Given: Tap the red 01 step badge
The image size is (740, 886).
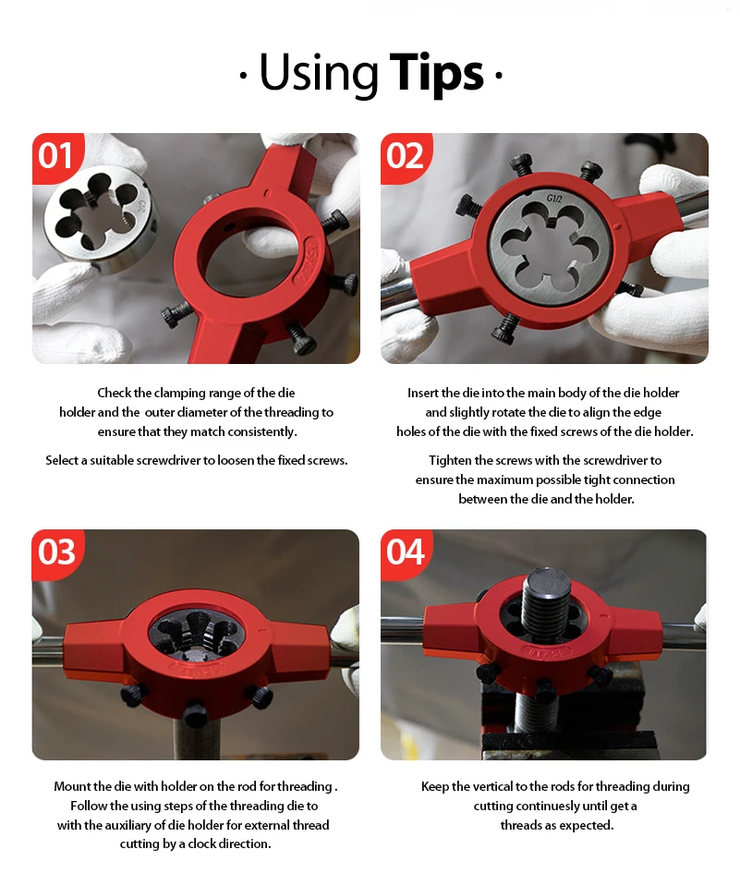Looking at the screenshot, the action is (x=57, y=158).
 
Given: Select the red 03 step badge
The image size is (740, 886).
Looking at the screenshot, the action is (x=57, y=553).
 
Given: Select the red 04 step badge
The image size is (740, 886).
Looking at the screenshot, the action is (x=406, y=553).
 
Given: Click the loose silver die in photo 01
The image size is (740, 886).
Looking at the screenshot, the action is (x=101, y=222).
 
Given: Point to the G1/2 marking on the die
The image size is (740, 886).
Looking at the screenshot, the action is (x=554, y=198).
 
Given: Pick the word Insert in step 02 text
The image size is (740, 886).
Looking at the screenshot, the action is (x=422, y=393).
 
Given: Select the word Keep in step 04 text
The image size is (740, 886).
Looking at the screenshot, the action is (x=435, y=786).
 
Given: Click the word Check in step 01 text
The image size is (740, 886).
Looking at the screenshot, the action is (x=114, y=393).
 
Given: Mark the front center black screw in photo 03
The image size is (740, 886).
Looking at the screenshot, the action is (x=195, y=713).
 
